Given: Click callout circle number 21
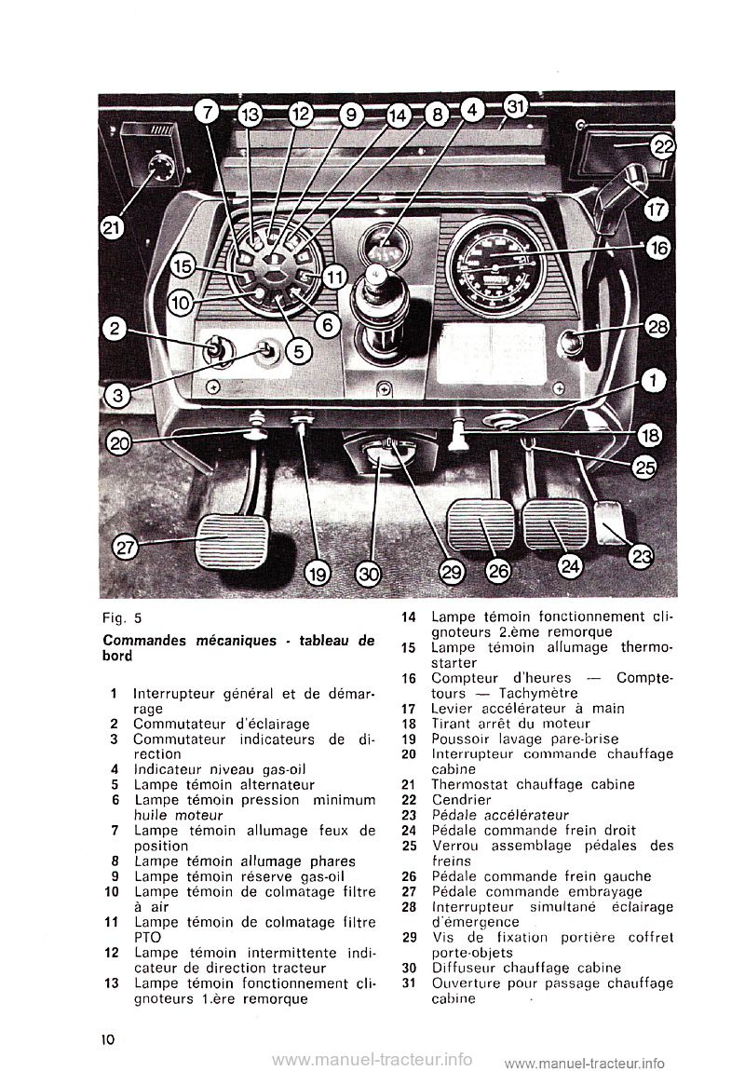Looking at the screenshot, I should point(114,226).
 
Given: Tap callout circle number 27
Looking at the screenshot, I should point(125,548).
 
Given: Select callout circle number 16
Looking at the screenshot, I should point(657,248).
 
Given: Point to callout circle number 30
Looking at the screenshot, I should point(370,575).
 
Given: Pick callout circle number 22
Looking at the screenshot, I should point(663,146).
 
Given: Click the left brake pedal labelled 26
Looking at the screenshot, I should point(481,528).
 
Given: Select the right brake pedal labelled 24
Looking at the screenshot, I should point(555,528).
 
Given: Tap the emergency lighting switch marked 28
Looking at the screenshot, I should point(571,342).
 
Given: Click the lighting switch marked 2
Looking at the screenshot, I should point(215,351).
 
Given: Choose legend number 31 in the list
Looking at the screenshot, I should point(407,983).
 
